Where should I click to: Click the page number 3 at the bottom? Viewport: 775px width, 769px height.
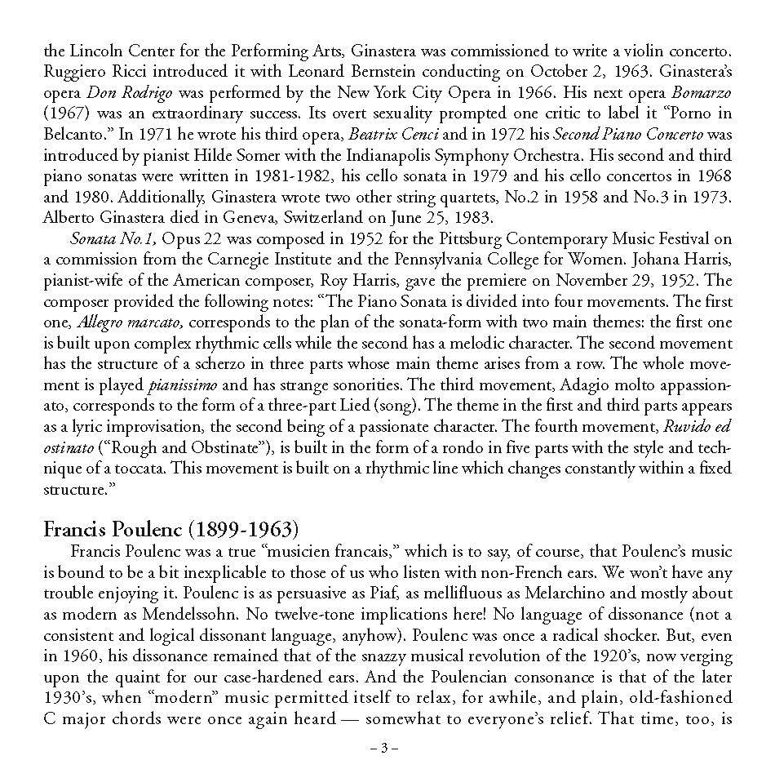[387, 748]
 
